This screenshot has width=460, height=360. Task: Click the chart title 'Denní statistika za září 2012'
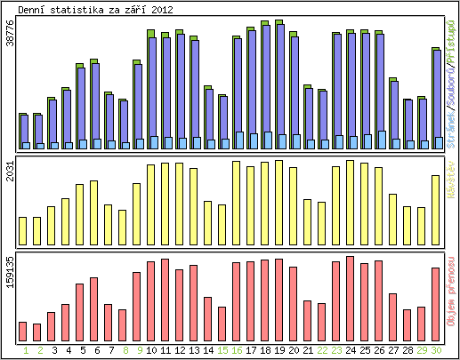click(x=96, y=10)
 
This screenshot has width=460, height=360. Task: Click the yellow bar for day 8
click(x=123, y=228)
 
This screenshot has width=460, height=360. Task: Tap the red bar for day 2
click(x=37, y=332)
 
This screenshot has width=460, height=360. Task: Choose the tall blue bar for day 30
click(x=437, y=99)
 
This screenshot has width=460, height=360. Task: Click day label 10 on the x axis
click(x=151, y=350)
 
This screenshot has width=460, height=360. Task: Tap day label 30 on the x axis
click(x=436, y=350)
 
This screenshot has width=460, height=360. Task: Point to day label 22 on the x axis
click(x=322, y=350)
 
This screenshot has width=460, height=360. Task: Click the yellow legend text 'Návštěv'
click(x=451, y=179)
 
